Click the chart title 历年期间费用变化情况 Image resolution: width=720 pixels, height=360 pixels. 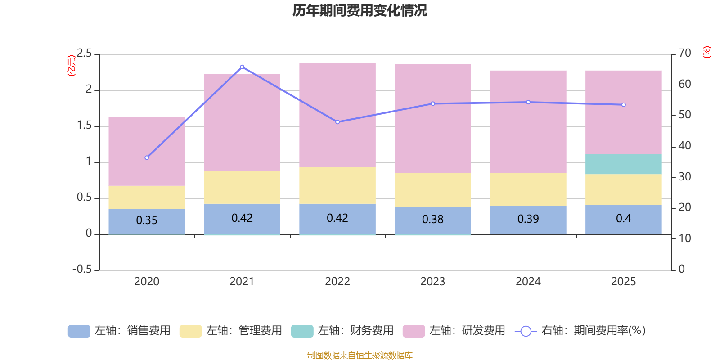tap(360, 11)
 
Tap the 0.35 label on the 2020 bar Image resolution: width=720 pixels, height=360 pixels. tap(147, 220)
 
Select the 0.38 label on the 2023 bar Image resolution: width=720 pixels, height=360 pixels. tap(432, 219)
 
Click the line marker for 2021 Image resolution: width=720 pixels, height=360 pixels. tap(242, 67)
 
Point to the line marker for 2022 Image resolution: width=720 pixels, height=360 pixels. tap(337, 122)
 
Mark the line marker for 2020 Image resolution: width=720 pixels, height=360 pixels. tap(147, 158)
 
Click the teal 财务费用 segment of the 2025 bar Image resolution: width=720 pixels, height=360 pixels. tap(624, 164)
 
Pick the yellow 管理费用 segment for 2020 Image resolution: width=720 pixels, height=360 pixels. tap(147, 198)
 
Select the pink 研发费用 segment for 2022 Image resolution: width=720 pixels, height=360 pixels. tap(337, 115)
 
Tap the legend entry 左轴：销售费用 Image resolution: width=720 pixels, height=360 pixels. tap(119, 331)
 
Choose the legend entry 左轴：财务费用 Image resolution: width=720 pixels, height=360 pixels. tap(342, 331)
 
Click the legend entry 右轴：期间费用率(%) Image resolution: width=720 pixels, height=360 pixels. tap(580, 331)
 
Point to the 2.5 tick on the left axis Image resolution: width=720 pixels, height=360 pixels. tap(84, 53)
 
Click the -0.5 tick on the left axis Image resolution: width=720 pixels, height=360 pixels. tap(82, 269)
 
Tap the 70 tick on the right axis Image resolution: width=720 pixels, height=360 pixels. tap(685, 53)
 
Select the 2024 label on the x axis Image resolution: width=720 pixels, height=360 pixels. tap(528, 282)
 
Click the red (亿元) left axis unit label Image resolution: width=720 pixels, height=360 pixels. tap(72, 66)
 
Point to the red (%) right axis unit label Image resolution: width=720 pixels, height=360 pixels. tap(706, 52)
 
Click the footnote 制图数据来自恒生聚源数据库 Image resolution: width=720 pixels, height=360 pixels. tap(360, 355)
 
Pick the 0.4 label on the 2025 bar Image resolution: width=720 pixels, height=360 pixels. tap(624, 219)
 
